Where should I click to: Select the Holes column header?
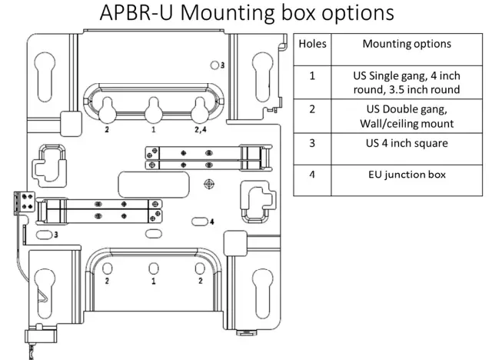[312, 45]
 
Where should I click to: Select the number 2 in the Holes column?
[312, 108]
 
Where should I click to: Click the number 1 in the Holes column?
[312, 76]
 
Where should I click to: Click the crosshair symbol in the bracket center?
[208, 184]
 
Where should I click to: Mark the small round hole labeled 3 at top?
[214, 65]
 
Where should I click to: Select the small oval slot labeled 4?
[199, 222]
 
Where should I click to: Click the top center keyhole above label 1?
[154, 110]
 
